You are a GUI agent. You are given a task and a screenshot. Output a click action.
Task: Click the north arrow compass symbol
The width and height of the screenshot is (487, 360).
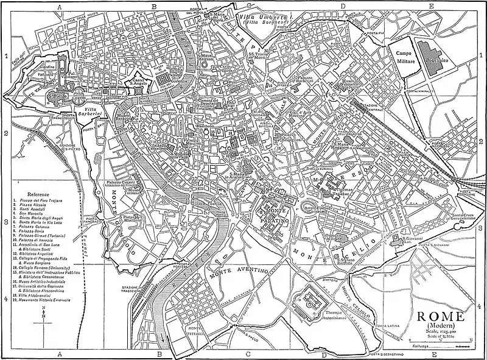43,317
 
